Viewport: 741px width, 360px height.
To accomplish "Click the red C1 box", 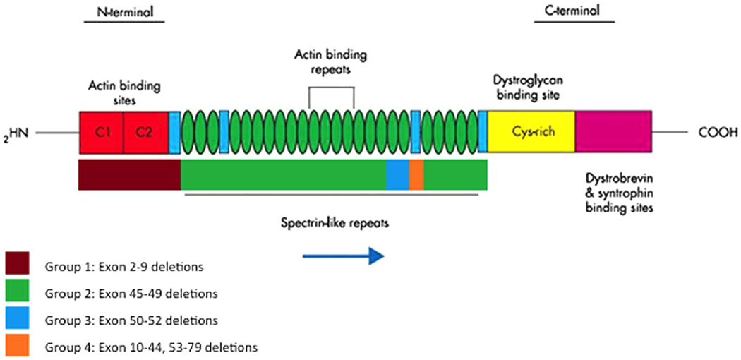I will pyautogui.click(x=102, y=132).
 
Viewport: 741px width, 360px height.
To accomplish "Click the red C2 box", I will pyautogui.click(x=145, y=132).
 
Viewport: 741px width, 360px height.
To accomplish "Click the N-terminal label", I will pyautogui.click(x=123, y=12).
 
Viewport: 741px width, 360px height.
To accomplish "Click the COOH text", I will pyautogui.click(x=718, y=132).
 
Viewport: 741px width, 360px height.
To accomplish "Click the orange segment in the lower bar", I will pyautogui.click(x=416, y=174).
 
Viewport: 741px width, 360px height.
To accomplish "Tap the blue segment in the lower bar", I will pyautogui.click(x=397, y=174).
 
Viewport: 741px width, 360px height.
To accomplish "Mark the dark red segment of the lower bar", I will pyautogui.click(x=130, y=174).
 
